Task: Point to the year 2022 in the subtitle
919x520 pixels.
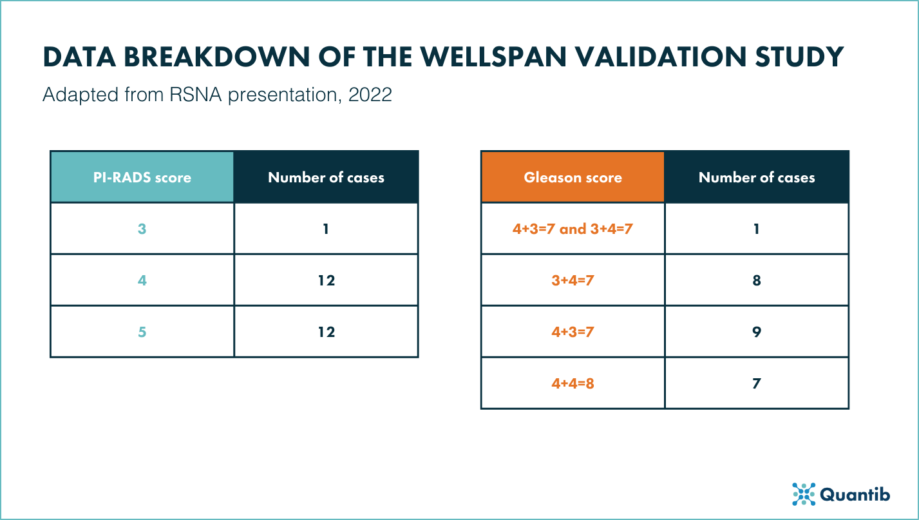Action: pyautogui.click(x=370, y=95)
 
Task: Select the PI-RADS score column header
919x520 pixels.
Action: pyautogui.click(x=142, y=177)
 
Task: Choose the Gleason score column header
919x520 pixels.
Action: pyautogui.click(x=573, y=177)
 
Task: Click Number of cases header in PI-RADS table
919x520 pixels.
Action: pyautogui.click(x=326, y=177)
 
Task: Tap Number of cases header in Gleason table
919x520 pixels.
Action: pyautogui.click(x=757, y=177)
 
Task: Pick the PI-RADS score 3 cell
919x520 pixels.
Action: pyautogui.click(x=142, y=229)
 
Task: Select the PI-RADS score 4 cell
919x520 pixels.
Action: pyautogui.click(x=142, y=280)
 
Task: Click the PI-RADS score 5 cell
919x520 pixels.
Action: pyautogui.click(x=142, y=332)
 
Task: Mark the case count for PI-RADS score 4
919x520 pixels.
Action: pyautogui.click(x=326, y=280)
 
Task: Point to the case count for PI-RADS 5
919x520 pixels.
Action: pyautogui.click(x=326, y=332)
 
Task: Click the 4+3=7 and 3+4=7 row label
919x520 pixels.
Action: pyautogui.click(x=573, y=229)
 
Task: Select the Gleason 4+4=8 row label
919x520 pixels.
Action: pyautogui.click(x=573, y=383)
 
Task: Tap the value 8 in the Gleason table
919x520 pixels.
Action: pyautogui.click(x=757, y=280)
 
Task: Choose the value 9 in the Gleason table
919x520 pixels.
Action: pyautogui.click(x=757, y=332)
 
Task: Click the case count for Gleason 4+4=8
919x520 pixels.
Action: pyautogui.click(x=757, y=383)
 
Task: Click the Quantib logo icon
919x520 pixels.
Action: pyautogui.click(x=804, y=494)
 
